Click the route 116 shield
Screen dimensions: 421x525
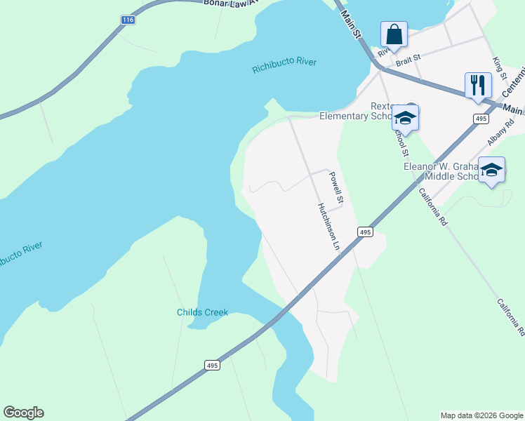coord(127,20)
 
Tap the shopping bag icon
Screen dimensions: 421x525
coord(394,34)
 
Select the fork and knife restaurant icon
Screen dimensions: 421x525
coord(478,86)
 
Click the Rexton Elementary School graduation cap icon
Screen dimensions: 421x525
coord(405,118)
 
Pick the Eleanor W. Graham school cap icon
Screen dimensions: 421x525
coord(491,171)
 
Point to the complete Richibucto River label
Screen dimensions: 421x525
coord(284,62)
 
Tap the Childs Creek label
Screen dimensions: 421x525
coord(202,312)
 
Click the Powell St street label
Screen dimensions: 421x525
coord(336,188)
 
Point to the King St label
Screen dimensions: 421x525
coord(500,69)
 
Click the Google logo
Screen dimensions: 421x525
coord(23,413)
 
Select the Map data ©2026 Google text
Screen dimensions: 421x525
coord(481,415)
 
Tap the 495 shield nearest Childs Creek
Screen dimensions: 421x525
coord(213,365)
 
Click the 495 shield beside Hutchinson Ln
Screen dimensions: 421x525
coord(364,232)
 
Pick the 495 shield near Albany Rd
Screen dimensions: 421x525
coord(480,119)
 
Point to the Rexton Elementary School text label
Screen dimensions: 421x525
coord(354,111)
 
